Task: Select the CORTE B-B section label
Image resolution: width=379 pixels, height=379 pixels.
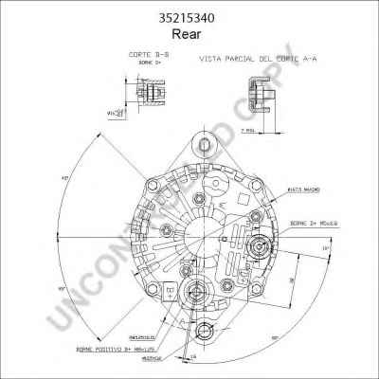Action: click(x=145, y=56)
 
